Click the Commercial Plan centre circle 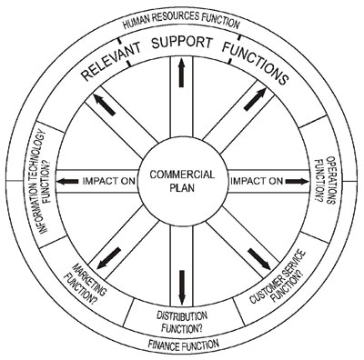[x=181, y=182]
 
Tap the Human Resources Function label [x=181, y=21]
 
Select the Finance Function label [x=183, y=345]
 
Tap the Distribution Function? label [x=182, y=317]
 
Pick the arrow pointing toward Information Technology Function [x=69, y=182]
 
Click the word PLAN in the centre [x=182, y=190]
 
